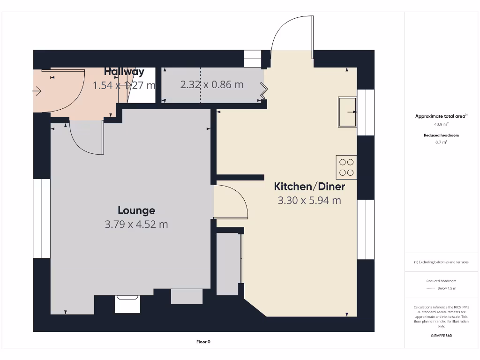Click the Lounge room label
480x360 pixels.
pos(136,210)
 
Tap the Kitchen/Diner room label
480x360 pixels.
pos(309,187)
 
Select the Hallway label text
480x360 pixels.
pos(124,72)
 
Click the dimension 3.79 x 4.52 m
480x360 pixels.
pos(136,225)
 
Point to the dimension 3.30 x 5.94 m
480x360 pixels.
pos(309,201)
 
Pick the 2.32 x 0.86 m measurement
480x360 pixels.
pos(212,85)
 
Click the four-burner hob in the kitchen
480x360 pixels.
pos(346,167)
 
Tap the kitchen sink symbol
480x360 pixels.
pos(347,112)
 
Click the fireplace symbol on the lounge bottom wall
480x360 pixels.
pos(127,304)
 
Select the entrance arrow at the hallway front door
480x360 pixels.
pos(37,91)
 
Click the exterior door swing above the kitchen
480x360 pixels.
pos(292,35)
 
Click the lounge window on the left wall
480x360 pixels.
pos(42,218)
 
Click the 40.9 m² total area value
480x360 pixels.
pos(441,125)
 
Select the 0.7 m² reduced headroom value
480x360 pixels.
pos(441,142)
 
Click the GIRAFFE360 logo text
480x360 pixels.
pos(441,336)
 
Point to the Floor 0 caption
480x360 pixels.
pos(203,342)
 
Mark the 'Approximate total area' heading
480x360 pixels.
pos(441,116)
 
